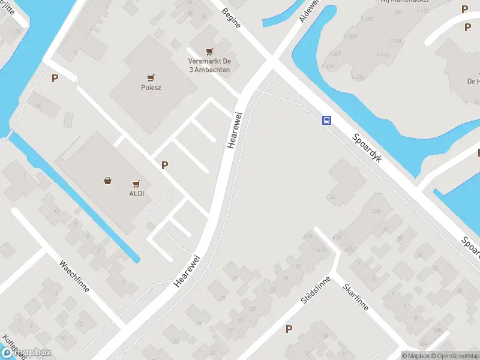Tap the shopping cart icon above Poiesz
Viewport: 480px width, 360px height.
pos(151,77)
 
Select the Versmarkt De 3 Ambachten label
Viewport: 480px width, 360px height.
pos(209,65)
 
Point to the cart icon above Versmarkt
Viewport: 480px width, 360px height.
pos(209,52)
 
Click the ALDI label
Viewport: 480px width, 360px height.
pos(136,194)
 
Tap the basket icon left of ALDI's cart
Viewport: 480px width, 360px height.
pos(108,180)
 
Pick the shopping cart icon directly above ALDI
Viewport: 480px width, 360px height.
pos(136,184)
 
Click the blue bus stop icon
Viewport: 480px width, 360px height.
pos(326,120)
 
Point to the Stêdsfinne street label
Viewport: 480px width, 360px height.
pos(317,292)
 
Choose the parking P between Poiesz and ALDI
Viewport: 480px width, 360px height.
pos(164,165)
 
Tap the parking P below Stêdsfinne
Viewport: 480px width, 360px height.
pos(289,329)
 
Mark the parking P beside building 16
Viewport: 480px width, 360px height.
pos(55,78)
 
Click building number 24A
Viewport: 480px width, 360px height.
pos(376,211)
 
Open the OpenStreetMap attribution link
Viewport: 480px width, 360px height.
pos(455,356)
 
